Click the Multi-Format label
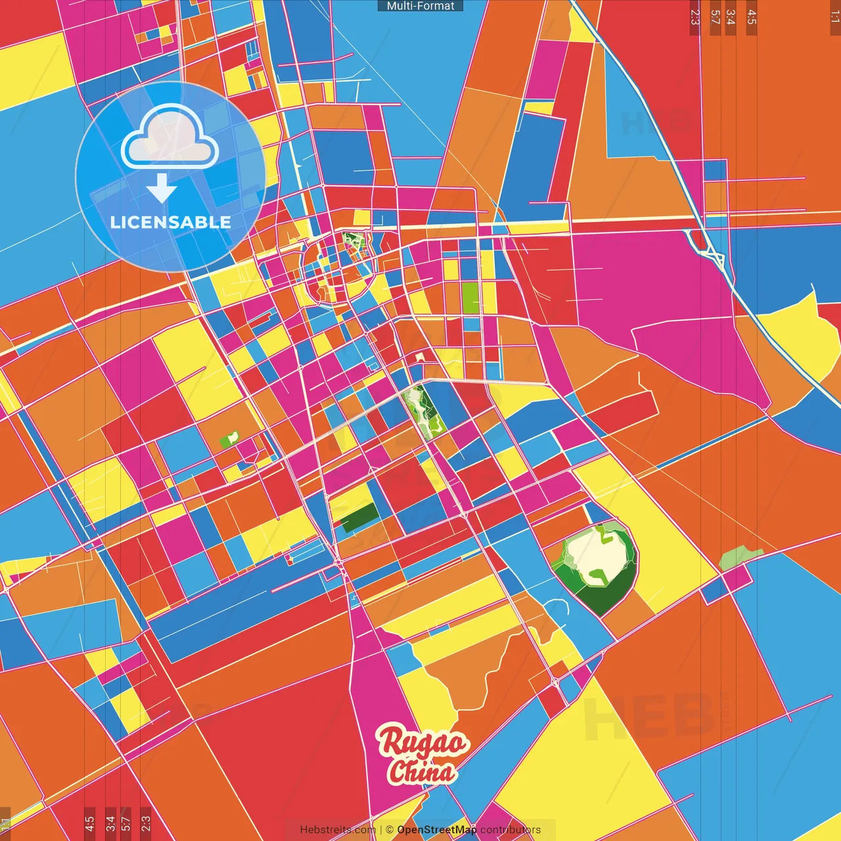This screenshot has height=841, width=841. pos(420,6)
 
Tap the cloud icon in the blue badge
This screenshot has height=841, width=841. pos(170,137)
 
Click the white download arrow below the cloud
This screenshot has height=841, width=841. pos(162,189)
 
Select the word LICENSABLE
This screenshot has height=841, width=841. pos(171,222)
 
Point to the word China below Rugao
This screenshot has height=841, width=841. pos(422,771)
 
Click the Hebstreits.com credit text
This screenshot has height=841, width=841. pos(338,830)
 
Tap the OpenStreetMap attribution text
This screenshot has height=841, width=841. pos(437,830)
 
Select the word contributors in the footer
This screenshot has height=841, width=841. pos(511,830)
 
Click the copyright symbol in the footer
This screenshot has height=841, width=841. pos(390,830)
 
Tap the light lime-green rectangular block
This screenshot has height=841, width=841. pos(470,298)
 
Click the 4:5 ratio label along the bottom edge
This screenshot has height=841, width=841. pos(89,823)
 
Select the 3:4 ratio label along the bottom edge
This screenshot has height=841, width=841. pos(110,823)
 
